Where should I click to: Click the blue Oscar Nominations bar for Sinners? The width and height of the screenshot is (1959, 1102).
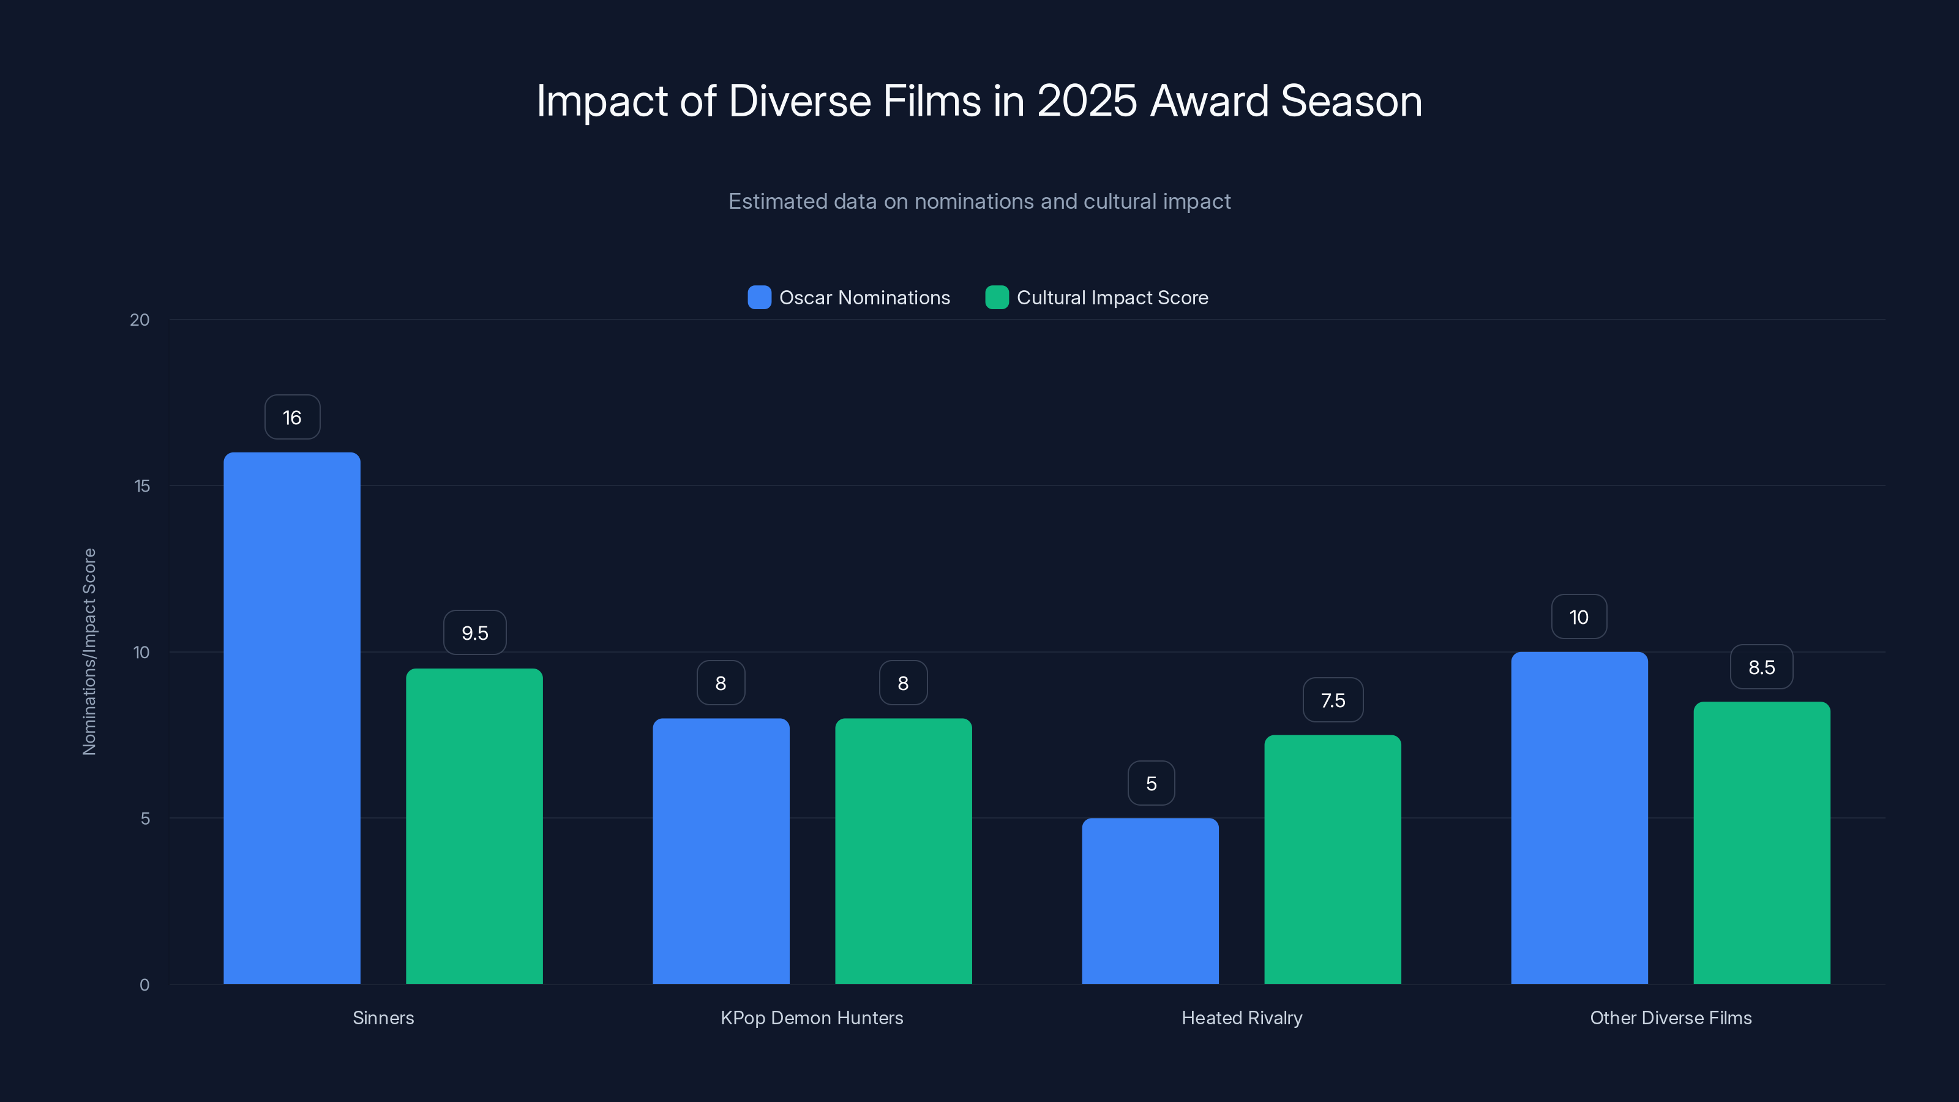[291, 718]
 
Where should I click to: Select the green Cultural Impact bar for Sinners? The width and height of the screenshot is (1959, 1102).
[474, 826]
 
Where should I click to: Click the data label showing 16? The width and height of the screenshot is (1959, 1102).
[292, 418]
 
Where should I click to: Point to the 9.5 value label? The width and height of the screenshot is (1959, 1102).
[474, 633]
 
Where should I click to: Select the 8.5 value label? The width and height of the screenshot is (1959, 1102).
[1761, 667]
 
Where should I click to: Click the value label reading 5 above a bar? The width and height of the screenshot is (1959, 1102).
[1151, 784]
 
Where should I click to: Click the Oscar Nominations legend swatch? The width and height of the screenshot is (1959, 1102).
[759, 298]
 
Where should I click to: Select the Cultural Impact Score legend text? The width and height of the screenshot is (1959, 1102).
[1112, 298]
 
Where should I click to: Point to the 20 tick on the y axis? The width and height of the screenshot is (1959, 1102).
[140, 320]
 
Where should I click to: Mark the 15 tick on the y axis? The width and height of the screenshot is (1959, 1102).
[141, 486]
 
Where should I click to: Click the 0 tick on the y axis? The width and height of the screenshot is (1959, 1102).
[144, 985]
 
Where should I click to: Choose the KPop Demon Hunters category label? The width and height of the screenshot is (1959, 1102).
[811, 1018]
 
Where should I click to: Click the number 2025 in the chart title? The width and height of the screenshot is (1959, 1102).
[1087, 100]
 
